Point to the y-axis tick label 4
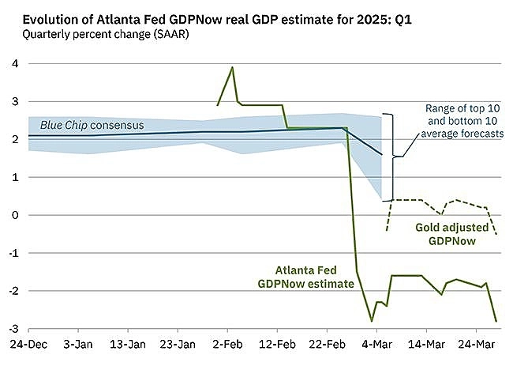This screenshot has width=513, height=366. click(11, 63)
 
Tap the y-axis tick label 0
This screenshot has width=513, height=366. click(11, 215)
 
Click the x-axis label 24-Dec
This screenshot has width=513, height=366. click(28, 345)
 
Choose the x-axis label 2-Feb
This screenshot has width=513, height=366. click(227, 345)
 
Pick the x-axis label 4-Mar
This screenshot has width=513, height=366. click(377, 345)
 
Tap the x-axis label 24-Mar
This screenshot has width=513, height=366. click(477, 345)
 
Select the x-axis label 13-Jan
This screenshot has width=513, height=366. click(127, 345)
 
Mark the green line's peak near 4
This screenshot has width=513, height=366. click(232, 67)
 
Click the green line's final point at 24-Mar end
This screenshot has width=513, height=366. click(496, 321)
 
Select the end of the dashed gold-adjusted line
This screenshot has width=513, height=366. click(496, 234)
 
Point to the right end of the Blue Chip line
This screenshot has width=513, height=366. click(382, 155)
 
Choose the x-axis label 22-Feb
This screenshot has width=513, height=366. click(328, 345)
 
